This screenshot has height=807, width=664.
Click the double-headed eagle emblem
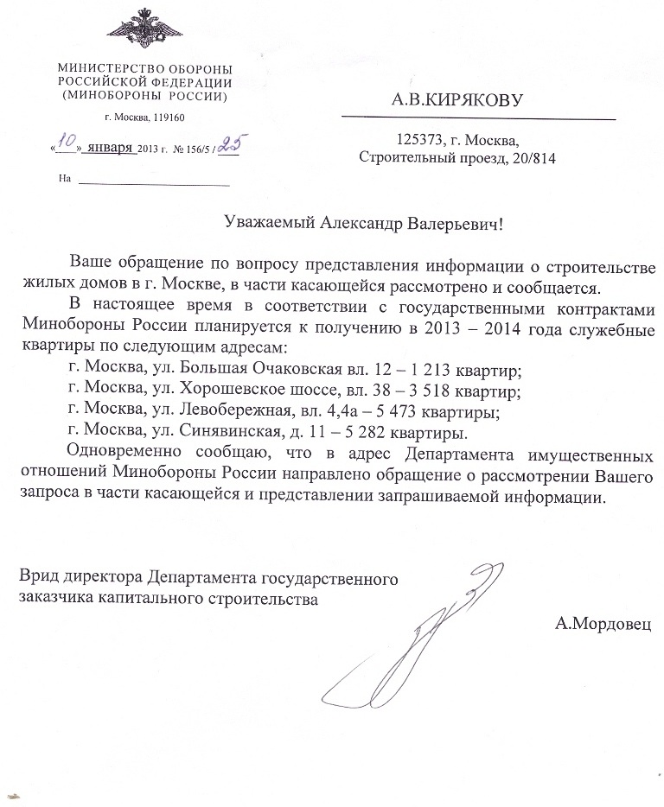(144, 31)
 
